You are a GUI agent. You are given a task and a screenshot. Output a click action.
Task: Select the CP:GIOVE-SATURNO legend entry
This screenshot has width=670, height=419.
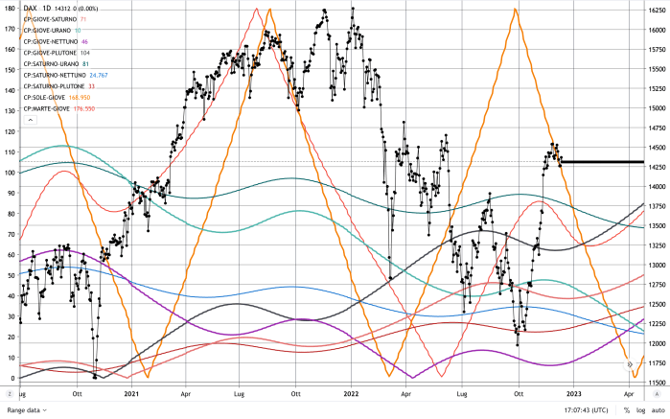57,19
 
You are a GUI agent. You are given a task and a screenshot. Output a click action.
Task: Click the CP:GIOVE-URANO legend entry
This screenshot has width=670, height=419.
52,31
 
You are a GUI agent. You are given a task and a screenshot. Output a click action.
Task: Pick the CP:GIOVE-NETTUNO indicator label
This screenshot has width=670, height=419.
56,42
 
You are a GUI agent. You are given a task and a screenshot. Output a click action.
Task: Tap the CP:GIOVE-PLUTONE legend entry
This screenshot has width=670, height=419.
56,53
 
